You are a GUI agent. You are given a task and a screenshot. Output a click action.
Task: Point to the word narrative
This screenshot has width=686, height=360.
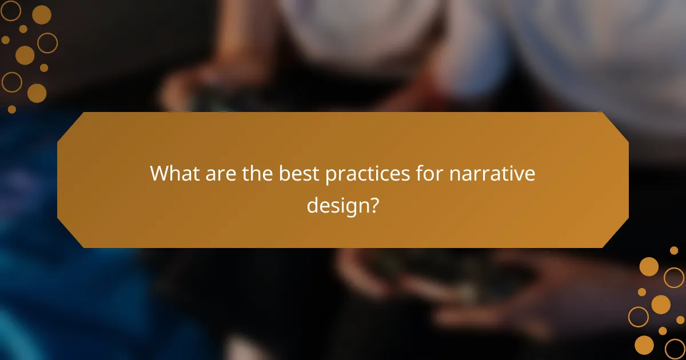point(492,174)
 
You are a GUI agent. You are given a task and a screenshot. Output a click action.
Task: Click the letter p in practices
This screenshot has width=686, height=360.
point(331,176)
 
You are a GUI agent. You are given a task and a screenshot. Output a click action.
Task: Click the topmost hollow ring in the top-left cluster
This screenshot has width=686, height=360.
point(11,10)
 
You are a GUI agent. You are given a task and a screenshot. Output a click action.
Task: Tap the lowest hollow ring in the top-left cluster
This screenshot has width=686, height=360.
point(11,82)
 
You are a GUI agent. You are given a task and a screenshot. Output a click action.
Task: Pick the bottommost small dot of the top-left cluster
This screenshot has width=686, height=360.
point(12,109)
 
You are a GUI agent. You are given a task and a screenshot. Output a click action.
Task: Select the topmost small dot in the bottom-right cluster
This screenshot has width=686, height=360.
point(674,250)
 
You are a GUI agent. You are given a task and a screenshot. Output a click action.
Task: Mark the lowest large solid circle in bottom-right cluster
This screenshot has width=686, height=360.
point(644,345)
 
